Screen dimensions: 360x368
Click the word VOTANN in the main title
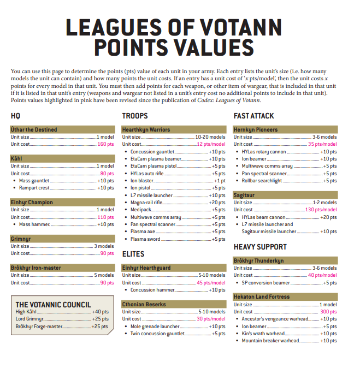coord(241,27)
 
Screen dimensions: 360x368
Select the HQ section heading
coord(15,116)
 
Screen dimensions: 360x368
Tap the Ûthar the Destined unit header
coord(34,129)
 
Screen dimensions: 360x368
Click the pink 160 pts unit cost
coord(105,144)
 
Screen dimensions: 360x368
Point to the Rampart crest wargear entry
coord(34,188)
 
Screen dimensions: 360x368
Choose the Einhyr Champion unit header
coord(32,203)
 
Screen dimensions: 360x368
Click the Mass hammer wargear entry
coord(35,224)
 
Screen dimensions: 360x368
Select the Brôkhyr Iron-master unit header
coord(36,268)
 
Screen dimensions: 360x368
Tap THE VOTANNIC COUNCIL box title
coord(54,305)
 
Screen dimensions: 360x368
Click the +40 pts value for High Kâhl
coord(101,312)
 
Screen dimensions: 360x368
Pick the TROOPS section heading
coord(135,116)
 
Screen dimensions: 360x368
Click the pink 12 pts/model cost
coord(211,144)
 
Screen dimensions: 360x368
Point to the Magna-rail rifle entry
coord(146,203)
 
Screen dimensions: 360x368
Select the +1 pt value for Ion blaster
coord(220,181)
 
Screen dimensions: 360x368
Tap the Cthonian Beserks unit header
coord(144,305)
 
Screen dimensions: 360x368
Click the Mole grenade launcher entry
coord(155,327)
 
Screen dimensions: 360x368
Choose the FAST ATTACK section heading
coord(254,116)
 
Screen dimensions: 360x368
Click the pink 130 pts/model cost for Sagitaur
coord(321,210)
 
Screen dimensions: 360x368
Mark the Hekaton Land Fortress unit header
coord(262,297)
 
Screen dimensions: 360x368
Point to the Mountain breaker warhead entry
coord(270,341)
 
